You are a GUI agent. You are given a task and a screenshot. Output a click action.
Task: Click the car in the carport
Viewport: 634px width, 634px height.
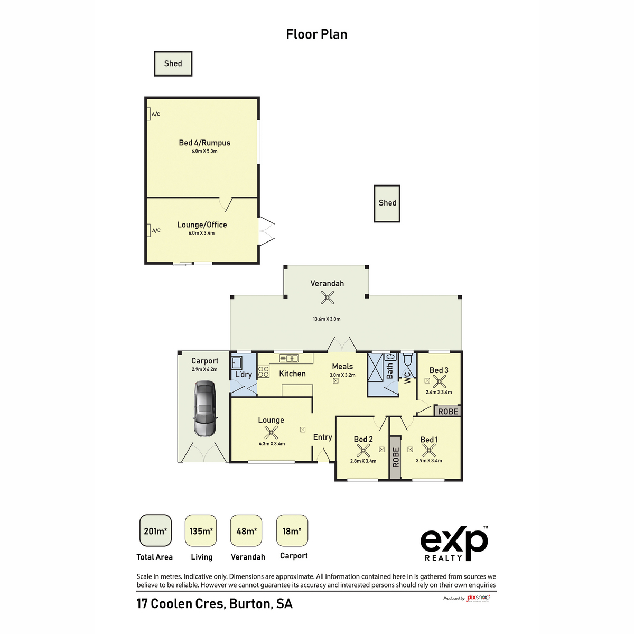204,408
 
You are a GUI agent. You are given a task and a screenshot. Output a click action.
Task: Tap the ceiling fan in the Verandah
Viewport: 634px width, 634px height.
328,299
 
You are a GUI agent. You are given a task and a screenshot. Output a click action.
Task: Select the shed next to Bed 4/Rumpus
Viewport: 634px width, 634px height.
173,64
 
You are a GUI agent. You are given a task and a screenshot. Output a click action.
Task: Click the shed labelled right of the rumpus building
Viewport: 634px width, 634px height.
387,203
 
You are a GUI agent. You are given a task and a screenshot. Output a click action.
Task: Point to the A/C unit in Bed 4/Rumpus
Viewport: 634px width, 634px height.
149,114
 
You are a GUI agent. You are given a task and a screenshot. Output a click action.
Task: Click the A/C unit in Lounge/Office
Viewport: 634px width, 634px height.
149,230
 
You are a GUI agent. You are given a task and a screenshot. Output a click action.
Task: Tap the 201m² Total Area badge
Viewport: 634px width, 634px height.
155,530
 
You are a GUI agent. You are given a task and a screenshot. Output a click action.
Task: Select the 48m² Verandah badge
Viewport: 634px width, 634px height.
246,530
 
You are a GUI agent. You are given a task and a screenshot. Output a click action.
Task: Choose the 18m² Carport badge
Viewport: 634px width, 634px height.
292,530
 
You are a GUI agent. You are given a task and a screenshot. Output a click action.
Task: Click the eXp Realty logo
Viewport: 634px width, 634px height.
454,543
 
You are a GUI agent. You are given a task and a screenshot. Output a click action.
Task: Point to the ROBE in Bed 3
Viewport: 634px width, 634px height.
447,411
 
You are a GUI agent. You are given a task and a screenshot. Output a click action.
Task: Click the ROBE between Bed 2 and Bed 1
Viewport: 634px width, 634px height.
395,458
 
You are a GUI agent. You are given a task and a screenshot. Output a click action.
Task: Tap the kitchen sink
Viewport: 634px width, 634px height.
289,358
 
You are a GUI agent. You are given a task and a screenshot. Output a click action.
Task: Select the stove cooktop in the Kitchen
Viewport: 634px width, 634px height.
263,371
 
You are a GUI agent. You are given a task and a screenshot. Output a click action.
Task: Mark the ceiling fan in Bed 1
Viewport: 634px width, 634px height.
428,450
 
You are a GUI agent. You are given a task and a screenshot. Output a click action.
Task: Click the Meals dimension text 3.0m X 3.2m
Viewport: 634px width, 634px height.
342,375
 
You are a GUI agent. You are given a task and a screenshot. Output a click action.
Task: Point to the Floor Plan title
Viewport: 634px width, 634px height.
316,34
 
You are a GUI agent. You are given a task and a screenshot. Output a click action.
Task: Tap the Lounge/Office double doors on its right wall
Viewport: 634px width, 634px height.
266,231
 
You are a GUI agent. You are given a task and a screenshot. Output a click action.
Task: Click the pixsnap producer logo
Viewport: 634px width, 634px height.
478,598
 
